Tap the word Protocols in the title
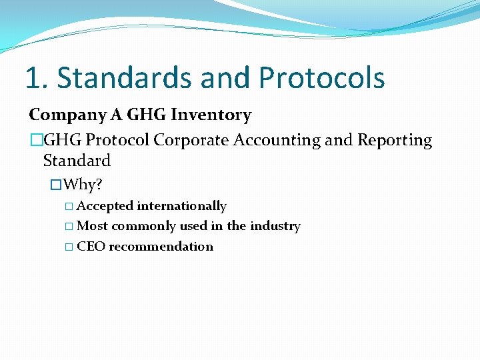[x=322, y=79]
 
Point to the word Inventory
[x=211, y=115]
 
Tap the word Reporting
[x=395, y=141]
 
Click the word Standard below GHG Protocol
[x=77, y=161]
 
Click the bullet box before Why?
[x=57, y=184]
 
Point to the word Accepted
[x=105, y=207]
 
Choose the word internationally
[x=181, y=207]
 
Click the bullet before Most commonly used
[x=69, y=227]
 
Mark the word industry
[x=275, y=226]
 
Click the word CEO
[x=91, y=247]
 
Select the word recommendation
[x=161, y=247]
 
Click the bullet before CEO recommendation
[x=69, y=247]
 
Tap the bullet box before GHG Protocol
[x=36, y=141]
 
